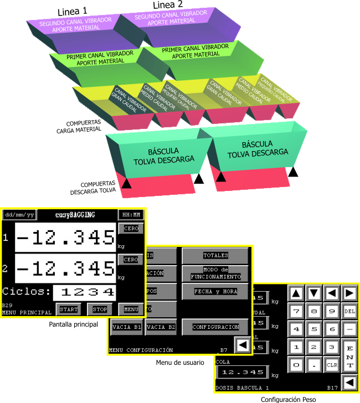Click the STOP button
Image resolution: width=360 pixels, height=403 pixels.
[x=100, y=308]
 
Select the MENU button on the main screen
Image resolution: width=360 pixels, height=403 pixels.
[x=131, y=308]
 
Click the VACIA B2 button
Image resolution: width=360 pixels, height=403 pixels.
[x=161, y=327]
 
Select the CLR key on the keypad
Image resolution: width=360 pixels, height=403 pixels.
[x=332, y=364]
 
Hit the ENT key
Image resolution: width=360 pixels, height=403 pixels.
[x=349, y=356]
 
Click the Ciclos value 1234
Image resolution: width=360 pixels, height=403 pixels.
[x=88, y=292]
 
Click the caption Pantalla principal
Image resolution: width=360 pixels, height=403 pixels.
[x=74, y=324]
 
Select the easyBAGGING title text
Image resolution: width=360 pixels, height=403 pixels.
[x=75, y=214]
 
